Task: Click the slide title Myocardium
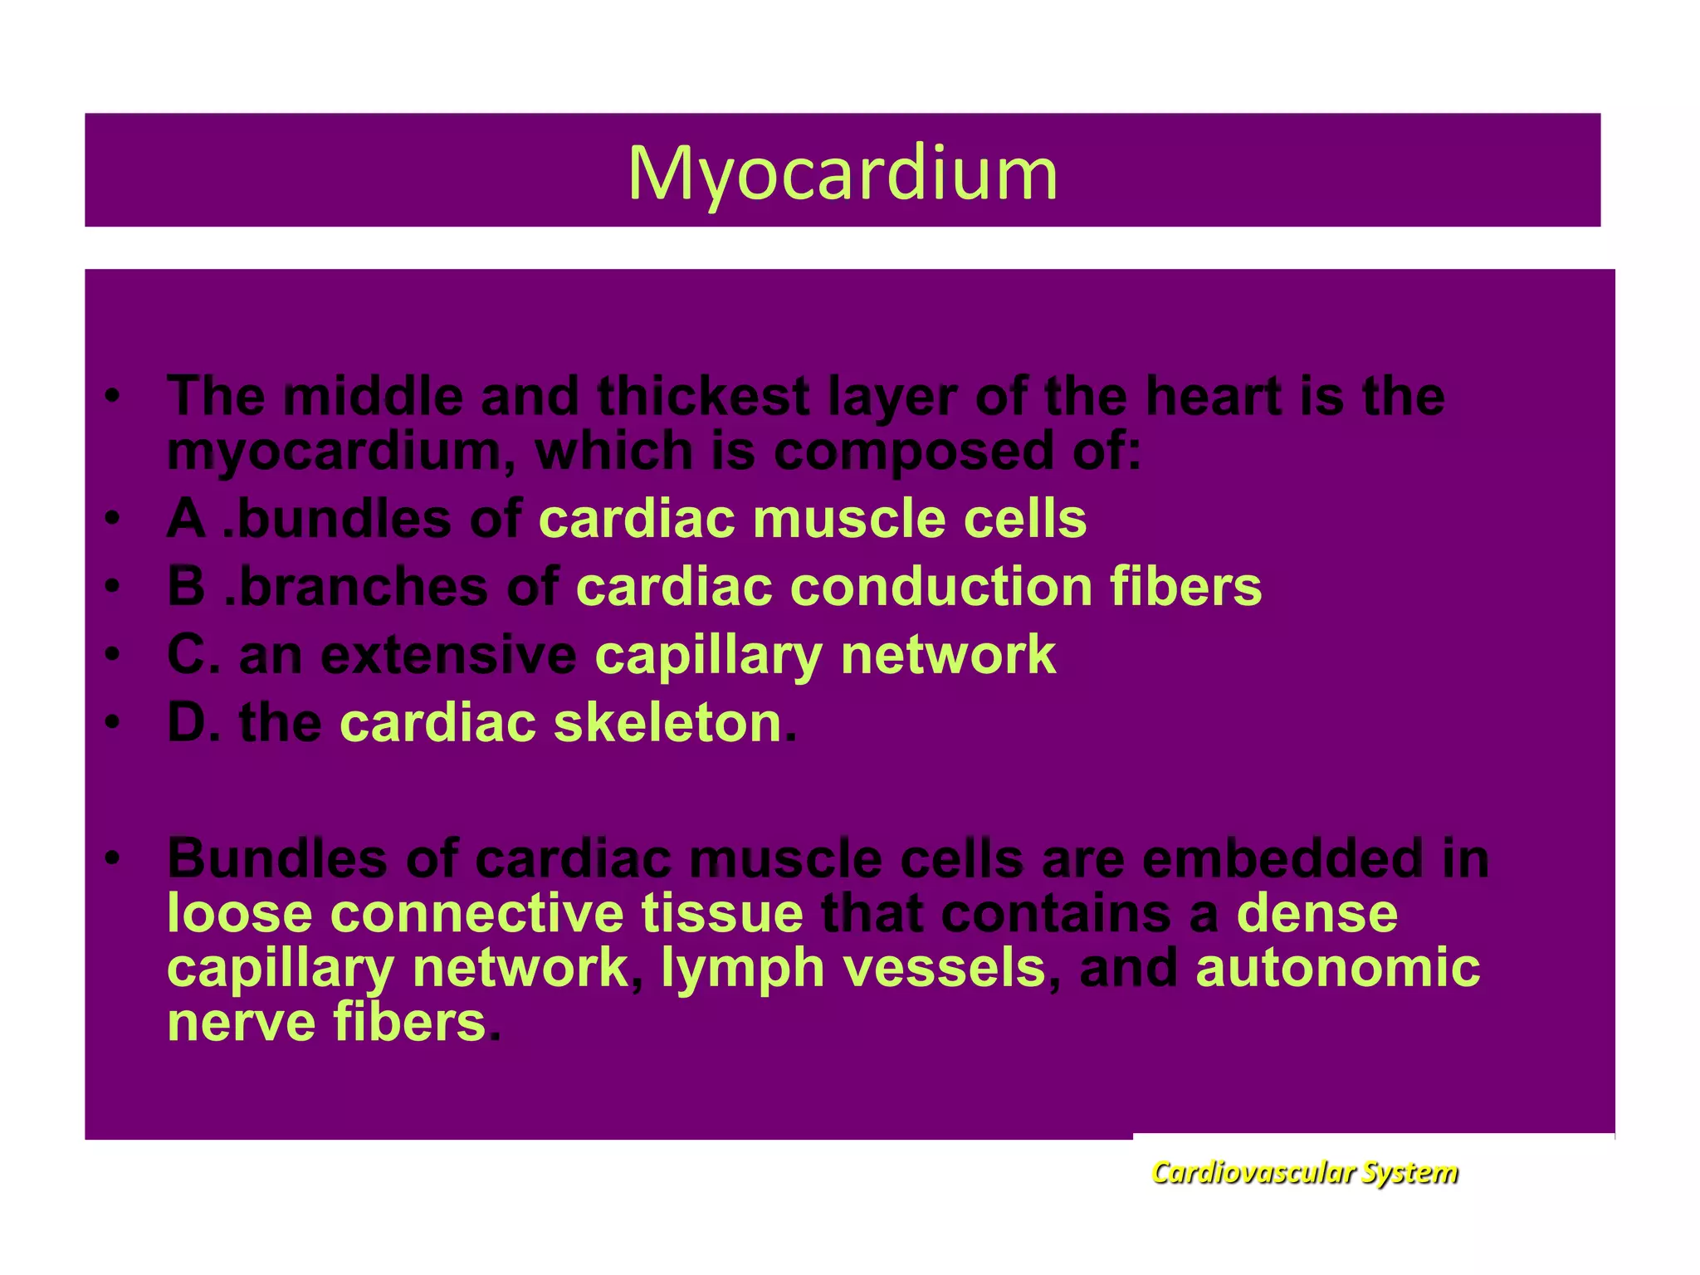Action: coord(843,173)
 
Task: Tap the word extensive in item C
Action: coord(448,655)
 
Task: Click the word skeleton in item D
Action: coord(667,723)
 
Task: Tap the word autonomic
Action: coord(1337,968)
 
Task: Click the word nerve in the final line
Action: coord(242,1023)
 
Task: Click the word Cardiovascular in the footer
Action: coord(1253,1172)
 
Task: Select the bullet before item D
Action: coord(113,722)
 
